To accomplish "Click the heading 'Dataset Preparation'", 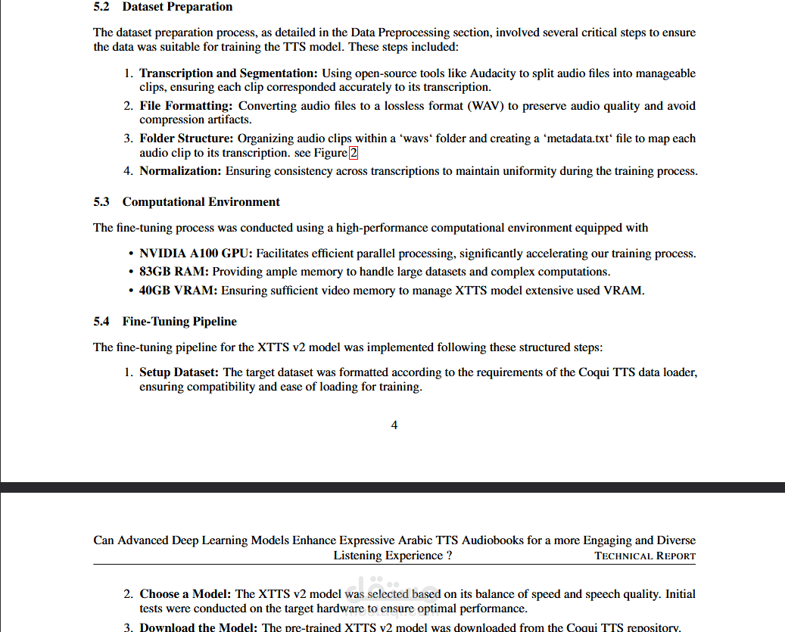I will (177, 7).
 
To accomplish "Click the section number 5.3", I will (101, 202).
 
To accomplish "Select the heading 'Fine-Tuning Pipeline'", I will (179, 322).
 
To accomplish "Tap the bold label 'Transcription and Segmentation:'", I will (229, 73).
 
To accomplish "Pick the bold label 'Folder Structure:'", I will (186, 139).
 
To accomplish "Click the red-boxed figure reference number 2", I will (353, 153).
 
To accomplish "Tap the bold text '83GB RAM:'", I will (174, 272).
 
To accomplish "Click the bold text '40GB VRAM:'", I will (178, 290).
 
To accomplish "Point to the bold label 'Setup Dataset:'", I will (179, 372).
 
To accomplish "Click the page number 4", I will (394, 425).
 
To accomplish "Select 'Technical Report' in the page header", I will (645, 556).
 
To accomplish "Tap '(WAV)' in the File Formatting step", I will (486, 106).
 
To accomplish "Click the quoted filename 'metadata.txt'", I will (578, 139).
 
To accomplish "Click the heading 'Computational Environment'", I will (201, 202).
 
